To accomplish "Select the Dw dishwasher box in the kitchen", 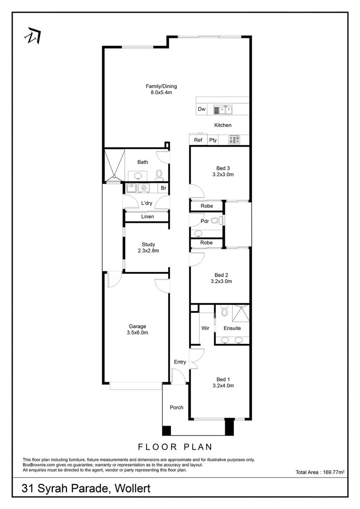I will tap(202, 109).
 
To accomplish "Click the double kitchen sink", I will tap(223, 110).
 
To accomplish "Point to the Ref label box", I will tap(198, 140).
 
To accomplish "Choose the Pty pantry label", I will tap(213, 140).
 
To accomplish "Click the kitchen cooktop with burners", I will tap(234, 140).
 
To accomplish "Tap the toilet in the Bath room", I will tap(159, 174).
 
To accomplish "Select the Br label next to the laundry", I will tap(164, 189).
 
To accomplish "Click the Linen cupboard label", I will tap(147, 217).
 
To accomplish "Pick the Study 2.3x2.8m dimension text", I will tap(148, 251).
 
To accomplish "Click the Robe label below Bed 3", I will tap(206, 206).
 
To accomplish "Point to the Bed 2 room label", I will tap(221, 275).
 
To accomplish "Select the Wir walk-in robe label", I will tap(205, 328).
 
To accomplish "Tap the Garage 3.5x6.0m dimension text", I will tap(138, 332).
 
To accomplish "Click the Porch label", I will tap(176, 407).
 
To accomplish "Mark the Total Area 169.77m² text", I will tap(320, 472).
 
